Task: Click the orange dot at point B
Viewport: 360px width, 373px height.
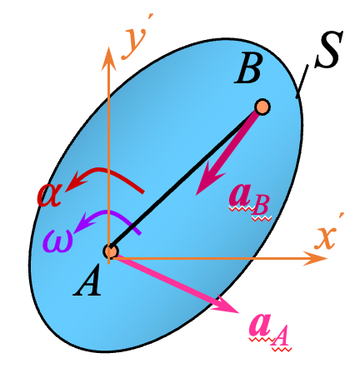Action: (262, 107)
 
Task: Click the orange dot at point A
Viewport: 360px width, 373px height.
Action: (110, 251)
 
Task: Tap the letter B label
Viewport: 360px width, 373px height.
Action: (247, 71)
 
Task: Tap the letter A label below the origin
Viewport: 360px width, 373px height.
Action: (87, 283)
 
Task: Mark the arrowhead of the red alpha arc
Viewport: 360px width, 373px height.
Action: (72, 181)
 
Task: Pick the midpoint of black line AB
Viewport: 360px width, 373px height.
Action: (186, 179)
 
